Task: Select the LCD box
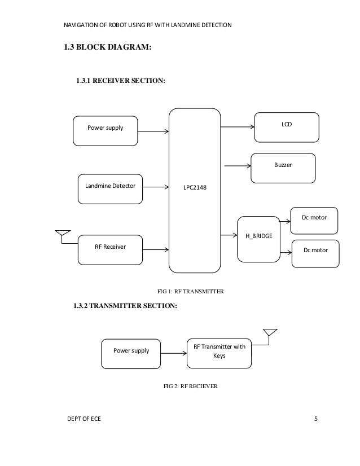click(286, 127)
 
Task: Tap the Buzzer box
click(283, 168)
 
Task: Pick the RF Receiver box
click(110, 249)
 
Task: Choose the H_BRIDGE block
click(258, 239)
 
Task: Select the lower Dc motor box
click(316, 253)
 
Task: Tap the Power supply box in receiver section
click(106, 130)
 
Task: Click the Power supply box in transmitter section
click(131, 353)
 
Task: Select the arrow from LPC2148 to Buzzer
click(238, 166)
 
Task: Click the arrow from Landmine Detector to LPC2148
click(156, 187)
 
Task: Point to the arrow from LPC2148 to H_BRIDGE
click(228, 235)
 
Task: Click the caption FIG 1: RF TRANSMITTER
click(190, 292)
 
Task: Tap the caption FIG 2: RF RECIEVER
click(190, 386)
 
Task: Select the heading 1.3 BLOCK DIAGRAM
click(107, 47)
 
